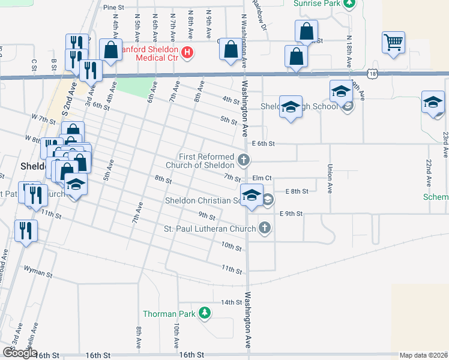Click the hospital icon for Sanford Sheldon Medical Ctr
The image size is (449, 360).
187,53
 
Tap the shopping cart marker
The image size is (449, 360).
393,43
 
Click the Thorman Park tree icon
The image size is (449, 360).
205,313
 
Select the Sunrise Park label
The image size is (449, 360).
317,4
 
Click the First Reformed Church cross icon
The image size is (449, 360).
243,160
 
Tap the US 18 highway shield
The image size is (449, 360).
373,74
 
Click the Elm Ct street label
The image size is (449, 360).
263,178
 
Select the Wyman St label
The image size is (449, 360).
37,272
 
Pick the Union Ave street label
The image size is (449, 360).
330,178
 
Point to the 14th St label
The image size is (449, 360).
231,302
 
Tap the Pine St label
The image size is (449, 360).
113,8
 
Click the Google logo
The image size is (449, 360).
20,353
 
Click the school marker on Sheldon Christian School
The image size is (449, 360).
252,194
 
